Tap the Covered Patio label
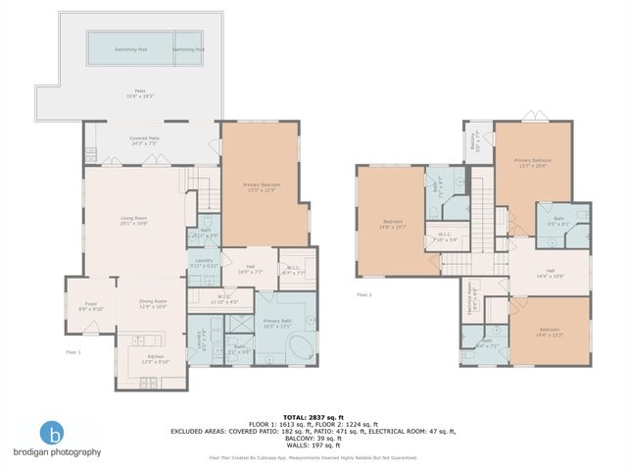click(145, 141)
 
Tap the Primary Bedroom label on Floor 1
click(259, 186)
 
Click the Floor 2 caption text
click(364, 294)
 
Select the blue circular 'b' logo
click(55, 433)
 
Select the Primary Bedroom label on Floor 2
click(533, 163)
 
